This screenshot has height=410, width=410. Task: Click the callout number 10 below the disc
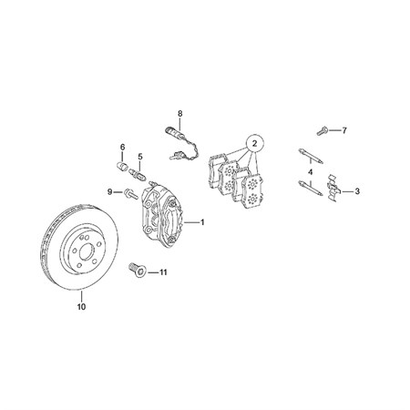81,307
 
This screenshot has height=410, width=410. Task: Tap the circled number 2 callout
254,143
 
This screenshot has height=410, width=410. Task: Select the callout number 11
163,272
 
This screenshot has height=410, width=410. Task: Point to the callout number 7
344,130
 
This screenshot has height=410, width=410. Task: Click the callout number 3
357,191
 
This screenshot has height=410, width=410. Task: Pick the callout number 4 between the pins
310,172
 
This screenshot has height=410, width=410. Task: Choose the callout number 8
180,114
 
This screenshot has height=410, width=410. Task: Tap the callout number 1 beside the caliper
202,222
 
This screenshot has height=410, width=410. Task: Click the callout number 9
110,191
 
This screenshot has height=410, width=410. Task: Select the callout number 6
122,148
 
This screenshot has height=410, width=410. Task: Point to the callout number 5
140,157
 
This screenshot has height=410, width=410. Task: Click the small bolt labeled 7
323,131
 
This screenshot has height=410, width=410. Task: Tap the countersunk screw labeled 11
138,270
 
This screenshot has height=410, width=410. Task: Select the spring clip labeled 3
333,189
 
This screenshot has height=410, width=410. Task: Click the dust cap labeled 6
122,167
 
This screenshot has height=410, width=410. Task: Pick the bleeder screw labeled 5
138,175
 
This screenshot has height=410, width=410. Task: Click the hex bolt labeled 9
130,193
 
